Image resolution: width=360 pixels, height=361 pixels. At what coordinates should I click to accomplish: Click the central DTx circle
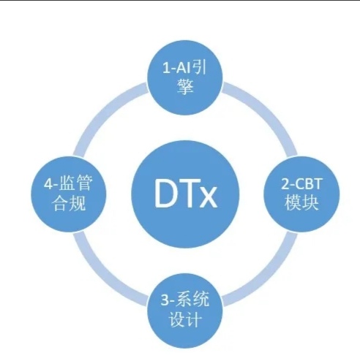185,195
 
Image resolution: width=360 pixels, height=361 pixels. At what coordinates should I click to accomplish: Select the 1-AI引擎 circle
185,77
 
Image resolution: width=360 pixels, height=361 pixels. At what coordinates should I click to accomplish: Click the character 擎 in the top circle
185,86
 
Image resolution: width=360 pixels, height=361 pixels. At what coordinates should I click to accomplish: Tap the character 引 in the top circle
199,67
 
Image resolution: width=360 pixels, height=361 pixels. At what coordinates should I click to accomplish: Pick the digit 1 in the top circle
166,68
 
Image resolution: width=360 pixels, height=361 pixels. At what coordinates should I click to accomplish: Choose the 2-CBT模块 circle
302,194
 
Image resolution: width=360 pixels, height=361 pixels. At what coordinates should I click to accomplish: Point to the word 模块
302,202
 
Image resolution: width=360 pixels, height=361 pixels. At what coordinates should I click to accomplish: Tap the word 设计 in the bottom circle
185,319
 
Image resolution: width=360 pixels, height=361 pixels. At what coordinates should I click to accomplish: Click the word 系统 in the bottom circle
192,300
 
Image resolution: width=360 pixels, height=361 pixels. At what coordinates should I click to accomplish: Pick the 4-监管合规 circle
69,194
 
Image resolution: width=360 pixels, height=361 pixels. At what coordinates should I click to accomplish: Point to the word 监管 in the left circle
75,183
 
